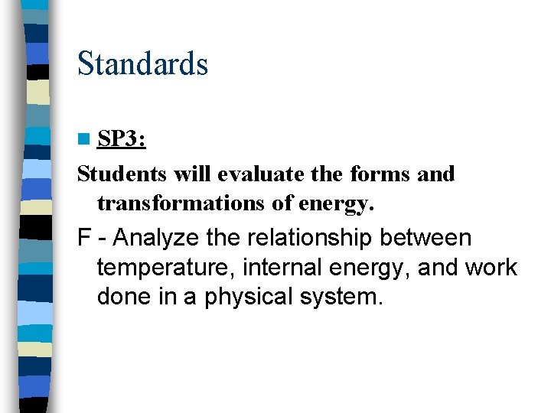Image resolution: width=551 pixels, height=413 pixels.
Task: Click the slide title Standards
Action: point(142,63)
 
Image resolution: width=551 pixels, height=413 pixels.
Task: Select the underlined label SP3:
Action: point(122,139)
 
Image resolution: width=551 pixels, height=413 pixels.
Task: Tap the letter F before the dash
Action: point(83,239)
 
